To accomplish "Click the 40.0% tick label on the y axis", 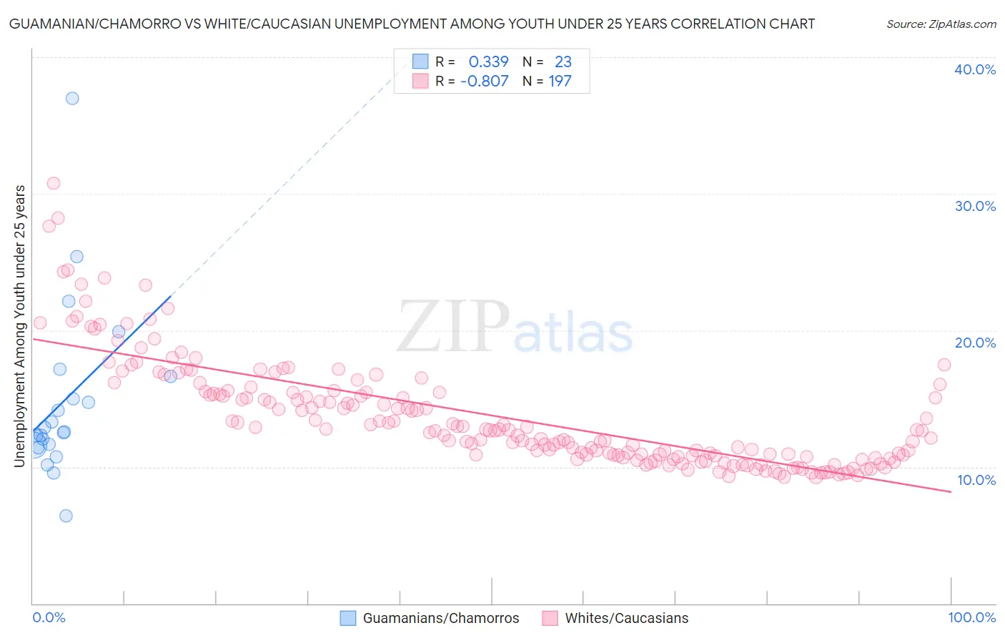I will pos(975,69).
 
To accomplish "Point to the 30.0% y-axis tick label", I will pos(975,206).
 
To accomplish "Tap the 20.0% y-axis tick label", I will pos(975,343).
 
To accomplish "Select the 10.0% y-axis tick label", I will pos(976,480).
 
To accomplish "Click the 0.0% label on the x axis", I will pos(49,618).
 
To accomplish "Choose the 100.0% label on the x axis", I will pos(971,618).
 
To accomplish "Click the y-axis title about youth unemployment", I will pos(19,326).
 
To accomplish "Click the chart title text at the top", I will pos(412,24).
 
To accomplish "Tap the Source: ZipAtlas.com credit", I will pos(941,24).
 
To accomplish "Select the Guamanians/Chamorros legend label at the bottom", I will pos(440,618).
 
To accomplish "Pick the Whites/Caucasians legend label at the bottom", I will pos(626,618).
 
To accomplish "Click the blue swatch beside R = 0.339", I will pos(420,62).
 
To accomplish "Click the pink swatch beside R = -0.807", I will pos(420,81).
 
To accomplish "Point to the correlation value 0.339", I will pos(488,62).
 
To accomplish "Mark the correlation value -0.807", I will pos(484,81).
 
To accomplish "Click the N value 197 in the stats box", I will pos(560,81).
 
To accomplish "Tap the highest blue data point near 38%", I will pos(72,99).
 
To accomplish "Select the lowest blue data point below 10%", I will pos(66,516).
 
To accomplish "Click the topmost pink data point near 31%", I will pos(54,183).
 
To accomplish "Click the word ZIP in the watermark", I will pos(453,328).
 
